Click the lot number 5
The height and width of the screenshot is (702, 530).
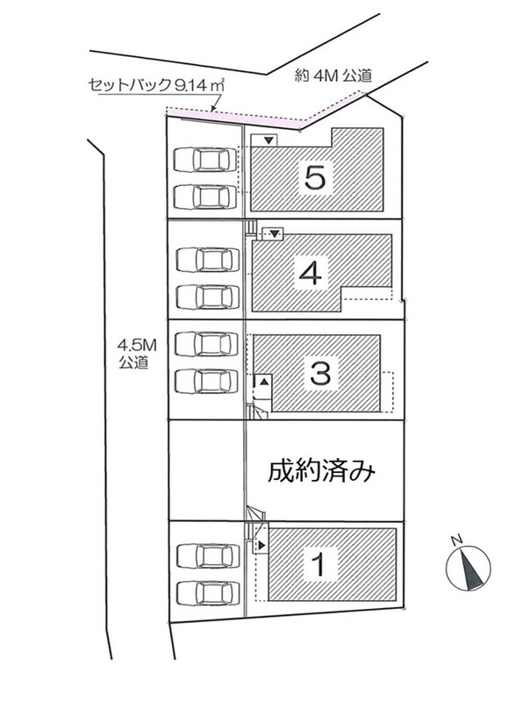(x=315, y=177)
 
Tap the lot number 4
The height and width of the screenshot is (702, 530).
(x=311, y=273)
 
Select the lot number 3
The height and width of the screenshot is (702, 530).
(x=320, y=372)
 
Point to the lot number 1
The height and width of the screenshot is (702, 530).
(x=319, y=564)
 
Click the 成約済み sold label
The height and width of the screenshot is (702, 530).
(x=321, y=471)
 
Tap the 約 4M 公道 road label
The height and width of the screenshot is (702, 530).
(x=333, y=75)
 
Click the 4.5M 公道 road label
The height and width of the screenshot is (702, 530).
(x=133, y=354)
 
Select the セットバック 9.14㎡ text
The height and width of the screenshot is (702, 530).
(x=156, y=85)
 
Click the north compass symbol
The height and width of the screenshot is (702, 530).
(x=469, y=567)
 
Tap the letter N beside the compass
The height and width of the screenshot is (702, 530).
(x=456, y=541)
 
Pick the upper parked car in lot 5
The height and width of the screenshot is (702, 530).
(x=204, y=160)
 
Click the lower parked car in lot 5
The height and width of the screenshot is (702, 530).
(x=204, y=197)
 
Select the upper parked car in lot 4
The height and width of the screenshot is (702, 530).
(x=204, y=260)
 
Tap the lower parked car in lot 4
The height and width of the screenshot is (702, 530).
(x=204, y=297)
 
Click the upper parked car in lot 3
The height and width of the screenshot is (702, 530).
(x=206, y=344)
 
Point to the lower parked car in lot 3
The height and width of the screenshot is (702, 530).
(x=206, y=381)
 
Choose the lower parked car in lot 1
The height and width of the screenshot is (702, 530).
(x=205, y=593)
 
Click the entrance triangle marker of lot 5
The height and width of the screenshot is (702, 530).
(x=269, y=141)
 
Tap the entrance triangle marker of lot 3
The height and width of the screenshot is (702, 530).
(x=264, y=382)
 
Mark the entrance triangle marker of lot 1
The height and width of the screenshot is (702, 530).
(x=261, y=546)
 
